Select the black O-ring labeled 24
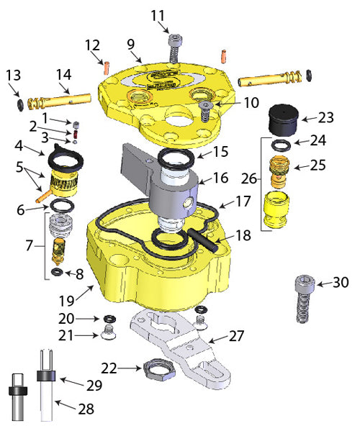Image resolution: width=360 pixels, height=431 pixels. pos(282,145)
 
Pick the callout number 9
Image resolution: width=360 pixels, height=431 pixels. pos(130,45)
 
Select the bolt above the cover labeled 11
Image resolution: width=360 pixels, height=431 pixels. pos(174,46)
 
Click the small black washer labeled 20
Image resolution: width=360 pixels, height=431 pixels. pos(110,318)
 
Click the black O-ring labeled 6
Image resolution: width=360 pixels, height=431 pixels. pos(63,209)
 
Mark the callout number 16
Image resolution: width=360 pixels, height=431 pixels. pos(220,176)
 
